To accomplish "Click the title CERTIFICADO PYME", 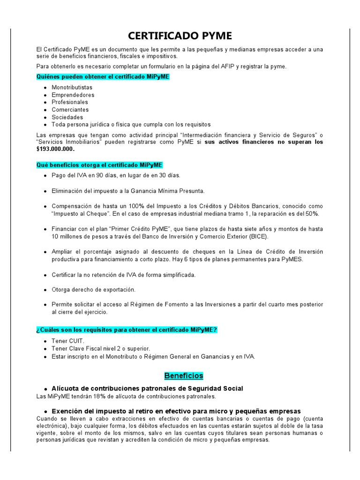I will pyautogui.click(x=180, y=37).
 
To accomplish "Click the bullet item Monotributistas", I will pyautogui.click(x=72, y=87).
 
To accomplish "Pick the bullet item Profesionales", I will pyautogui.click(x=70, y=102).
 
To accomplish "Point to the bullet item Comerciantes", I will pyautogui.click(x=70, y=110).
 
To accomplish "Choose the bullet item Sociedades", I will pyautogui.click(x=67, y=117).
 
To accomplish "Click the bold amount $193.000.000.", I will pyautogui.click(x=55, y=149).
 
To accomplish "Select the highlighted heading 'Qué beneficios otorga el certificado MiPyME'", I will pyautogui.click(x=99, y=165).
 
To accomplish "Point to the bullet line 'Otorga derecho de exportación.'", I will pyautogui.click(x=93, y=290).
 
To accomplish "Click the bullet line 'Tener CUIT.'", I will pyautogui.click(x=68, y=341).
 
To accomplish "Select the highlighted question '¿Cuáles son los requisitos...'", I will pyautogui.click(x=127, y=330).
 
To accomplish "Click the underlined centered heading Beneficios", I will pyautogui.click(x=183, y=375).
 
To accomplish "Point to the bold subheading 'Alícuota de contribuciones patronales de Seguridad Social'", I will pyautogui.click(x=147, y=389).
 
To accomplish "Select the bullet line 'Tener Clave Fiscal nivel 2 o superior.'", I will pyautogui.click(x=101, y=349).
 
